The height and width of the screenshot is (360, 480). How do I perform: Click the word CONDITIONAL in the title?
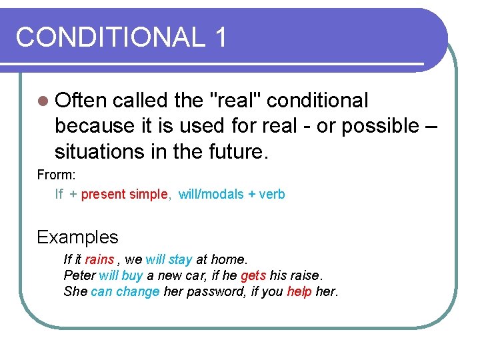tap(111, 37)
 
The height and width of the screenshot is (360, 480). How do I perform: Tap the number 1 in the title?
tap(221, 37)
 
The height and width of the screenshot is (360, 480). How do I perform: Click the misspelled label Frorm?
tap(57, 175)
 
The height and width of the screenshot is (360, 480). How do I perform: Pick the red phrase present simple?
tap(124, 195)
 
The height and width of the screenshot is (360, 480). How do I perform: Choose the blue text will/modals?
tap(211, 195)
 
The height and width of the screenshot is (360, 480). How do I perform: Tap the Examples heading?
tap(77, 237)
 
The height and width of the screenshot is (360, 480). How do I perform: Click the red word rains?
tap(99, 259)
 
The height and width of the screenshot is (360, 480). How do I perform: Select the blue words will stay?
tap(169, 259)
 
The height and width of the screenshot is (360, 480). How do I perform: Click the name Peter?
tap(79, 275)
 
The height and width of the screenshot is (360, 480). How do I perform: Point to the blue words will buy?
tap(121, 275)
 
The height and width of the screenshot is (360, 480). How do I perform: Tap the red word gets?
tap(253, 275)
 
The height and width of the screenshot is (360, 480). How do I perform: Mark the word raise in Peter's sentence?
tap(305, 275)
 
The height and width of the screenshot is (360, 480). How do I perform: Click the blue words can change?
tap(125, 291)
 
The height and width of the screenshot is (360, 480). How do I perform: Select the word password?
tap(214, 291)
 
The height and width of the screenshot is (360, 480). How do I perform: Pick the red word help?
tap(299, 291)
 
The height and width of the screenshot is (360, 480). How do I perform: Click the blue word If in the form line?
tap(59, 195)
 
